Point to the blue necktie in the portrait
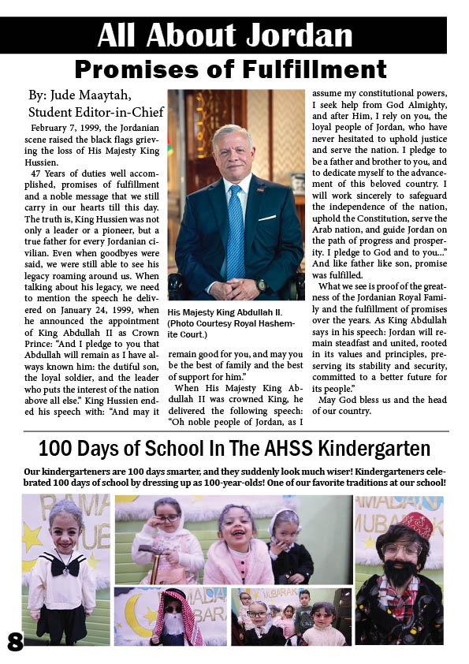pyautogui.click(x=235, y=229)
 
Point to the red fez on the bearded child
pyautogui.click(x=415, y=522)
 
